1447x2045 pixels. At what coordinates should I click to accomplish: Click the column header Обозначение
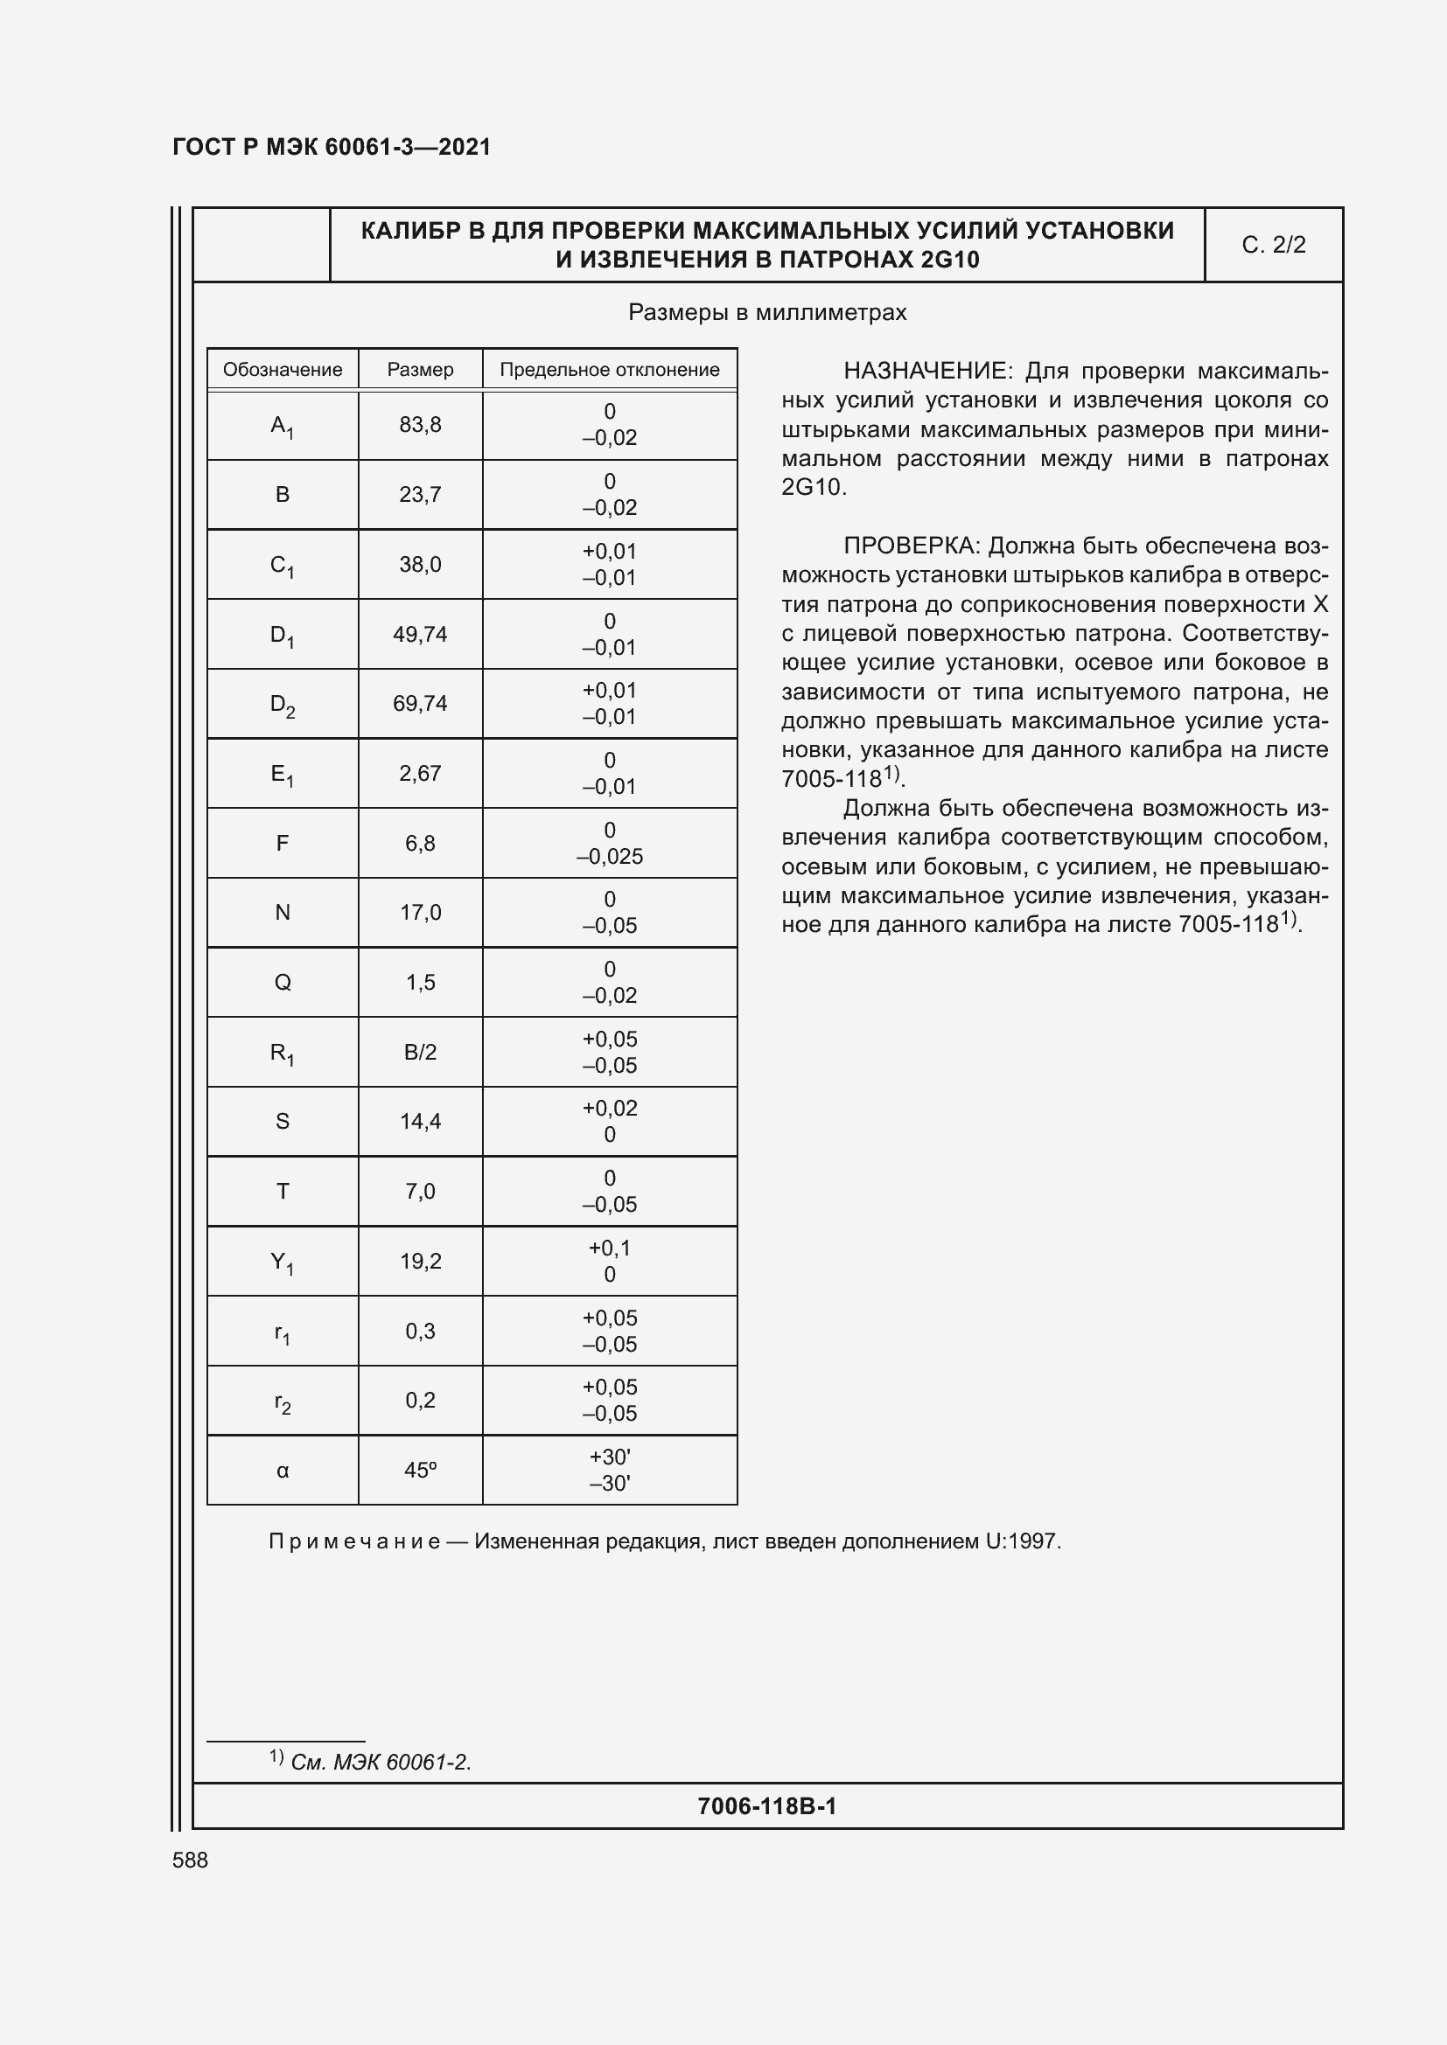[x=282, y=370]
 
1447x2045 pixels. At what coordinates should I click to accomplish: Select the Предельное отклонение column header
[x=610, y=370]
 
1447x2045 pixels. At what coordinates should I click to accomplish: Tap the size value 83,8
[x=420, y=425]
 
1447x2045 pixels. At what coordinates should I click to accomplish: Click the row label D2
[x=283, y=705]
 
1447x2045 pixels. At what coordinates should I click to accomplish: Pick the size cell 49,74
[x=420, y=634]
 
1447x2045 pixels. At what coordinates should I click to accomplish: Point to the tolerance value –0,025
[x=610, y=856]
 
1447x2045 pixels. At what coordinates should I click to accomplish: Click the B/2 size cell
[x=420, y=1052]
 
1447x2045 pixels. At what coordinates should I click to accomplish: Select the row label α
[x=283, y=1471]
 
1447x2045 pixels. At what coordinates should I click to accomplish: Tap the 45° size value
[x=420, y=1471]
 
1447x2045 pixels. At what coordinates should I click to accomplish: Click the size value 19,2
[x=420, y=1262]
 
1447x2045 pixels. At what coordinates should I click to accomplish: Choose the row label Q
[x=283, y=983]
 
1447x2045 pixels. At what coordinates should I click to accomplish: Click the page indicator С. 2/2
[x=1273, y=245]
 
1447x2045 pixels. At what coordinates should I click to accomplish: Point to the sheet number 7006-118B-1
[x=766, y=1805]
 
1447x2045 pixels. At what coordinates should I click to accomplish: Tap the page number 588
[x=190, y=1860]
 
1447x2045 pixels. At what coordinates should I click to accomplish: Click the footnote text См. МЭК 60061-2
[x=381, y=1762]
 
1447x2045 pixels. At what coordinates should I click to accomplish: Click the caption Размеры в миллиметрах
[x=767, y=313]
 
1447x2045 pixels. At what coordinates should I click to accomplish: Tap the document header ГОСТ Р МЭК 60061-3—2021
[x=332, y=147]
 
